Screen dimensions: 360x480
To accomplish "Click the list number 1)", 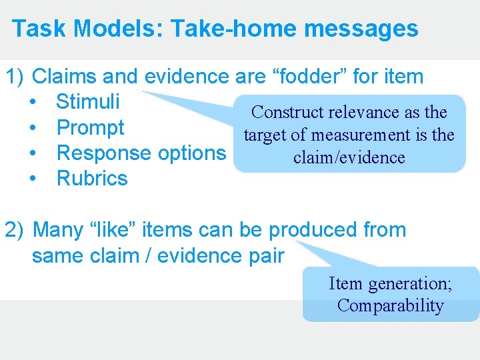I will click(16, 77).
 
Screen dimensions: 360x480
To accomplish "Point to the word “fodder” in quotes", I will click(308, 77).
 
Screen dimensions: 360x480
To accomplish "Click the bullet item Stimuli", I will click(88, 102).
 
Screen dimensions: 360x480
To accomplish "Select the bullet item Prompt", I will click(91, 127).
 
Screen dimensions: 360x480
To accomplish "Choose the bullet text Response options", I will click(141, 153).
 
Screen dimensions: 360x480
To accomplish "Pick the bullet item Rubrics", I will click(92, 178).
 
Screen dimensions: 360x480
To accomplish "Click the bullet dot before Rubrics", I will click(33, 179).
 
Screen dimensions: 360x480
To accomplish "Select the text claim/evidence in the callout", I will click(349, 157).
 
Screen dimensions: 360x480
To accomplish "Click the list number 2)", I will click(16, 230).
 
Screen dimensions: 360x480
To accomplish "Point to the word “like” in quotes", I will click(107, 230).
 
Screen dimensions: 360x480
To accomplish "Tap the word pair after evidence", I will click(264, 255).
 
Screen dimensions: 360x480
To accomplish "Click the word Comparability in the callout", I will click(390, 306).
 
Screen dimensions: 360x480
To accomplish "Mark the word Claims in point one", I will click(63, 77).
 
